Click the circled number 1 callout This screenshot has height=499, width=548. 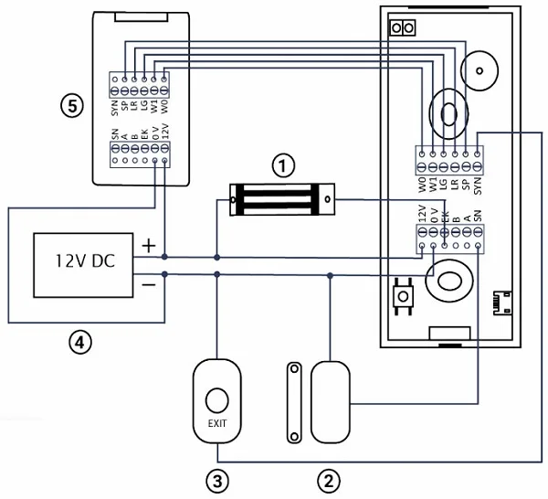283,165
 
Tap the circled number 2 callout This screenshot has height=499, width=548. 328,477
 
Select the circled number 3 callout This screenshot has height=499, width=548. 216,477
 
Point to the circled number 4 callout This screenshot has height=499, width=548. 81,343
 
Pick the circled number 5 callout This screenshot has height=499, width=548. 71,105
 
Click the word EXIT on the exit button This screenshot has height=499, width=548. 216,423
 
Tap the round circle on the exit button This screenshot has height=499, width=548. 216,399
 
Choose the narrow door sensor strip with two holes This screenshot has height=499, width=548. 294,401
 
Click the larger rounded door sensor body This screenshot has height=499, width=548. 330,400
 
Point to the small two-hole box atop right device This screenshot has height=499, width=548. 402,28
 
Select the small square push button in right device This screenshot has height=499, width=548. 401,296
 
